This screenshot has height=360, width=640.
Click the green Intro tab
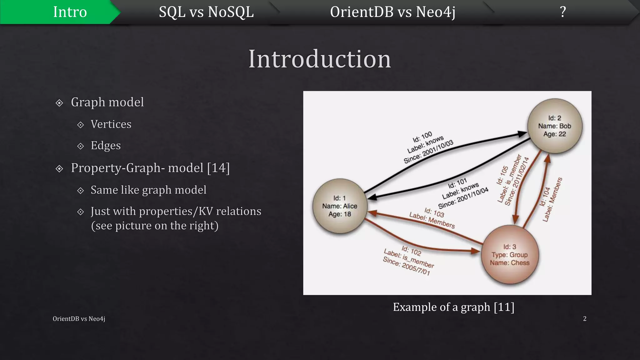click(x=70, y=12)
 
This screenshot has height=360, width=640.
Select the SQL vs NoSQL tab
click(x=206, y=12)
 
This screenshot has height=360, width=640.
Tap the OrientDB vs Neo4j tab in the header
click(x=392, y=12)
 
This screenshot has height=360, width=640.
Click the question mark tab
click(x=563, y=12)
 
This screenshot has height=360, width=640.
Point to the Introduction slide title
click(x=319, y=59)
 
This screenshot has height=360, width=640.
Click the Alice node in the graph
click(x=340, y=206)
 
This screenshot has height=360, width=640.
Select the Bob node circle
click(x=555, y=126)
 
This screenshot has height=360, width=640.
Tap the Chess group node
click(x=510, y=255)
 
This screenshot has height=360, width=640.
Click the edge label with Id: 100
click(x=428, y=147)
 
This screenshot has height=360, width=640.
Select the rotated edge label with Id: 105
click(x=512, y=180)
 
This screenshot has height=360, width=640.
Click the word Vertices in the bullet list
click(x=111, y=124)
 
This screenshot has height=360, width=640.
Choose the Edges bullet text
click(x=106, y=146)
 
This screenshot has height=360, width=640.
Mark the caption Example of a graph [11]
click(x=453, y=307)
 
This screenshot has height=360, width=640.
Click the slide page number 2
click(x=585, y=319)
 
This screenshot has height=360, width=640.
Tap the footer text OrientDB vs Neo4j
click(x=79, y=319)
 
